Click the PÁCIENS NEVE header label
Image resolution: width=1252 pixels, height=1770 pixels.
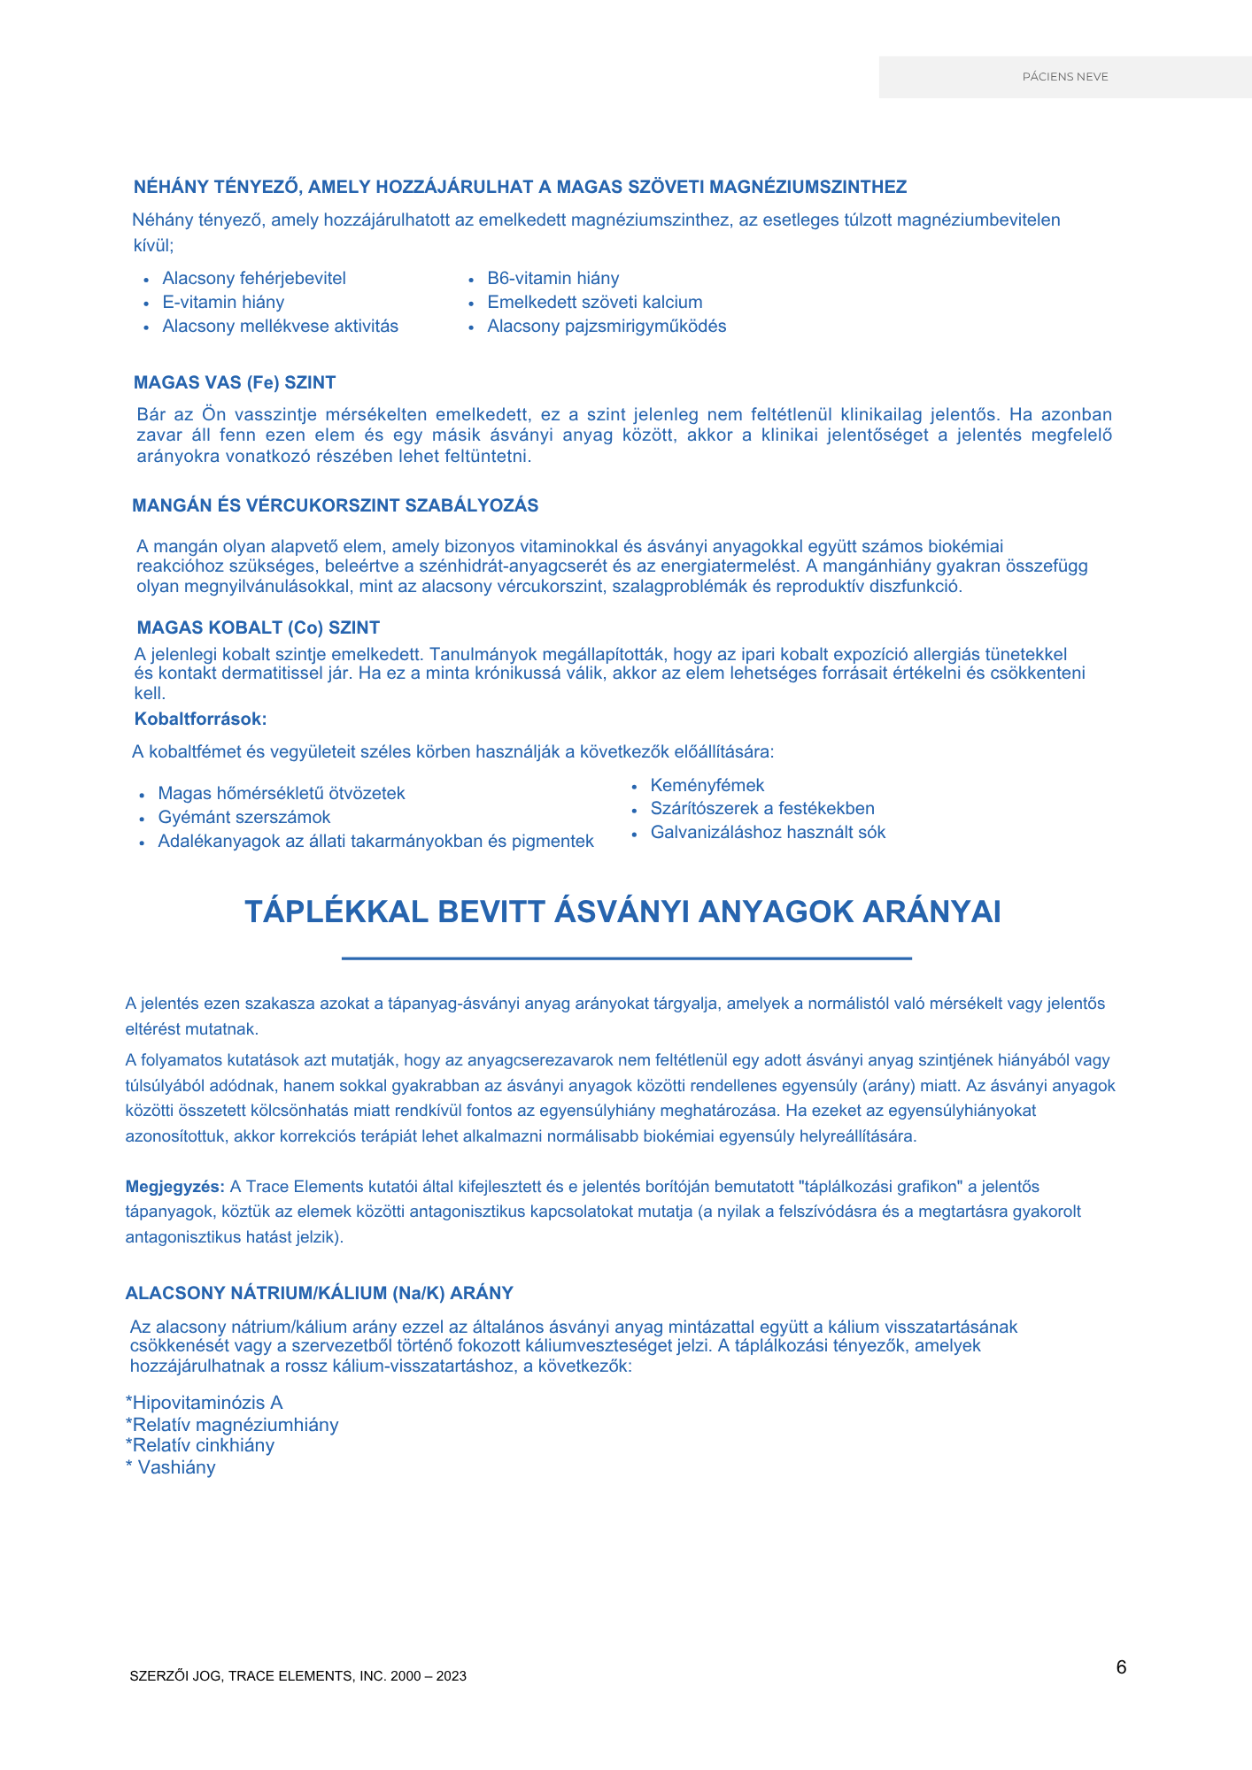point(1065,77)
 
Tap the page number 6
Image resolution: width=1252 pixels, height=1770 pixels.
point(1121,1667)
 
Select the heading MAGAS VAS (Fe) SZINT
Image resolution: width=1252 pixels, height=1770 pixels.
point(235,382)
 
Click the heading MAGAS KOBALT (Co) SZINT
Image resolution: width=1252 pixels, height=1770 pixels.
point(258,627)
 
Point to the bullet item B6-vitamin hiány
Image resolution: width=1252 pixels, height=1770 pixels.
point(553,278)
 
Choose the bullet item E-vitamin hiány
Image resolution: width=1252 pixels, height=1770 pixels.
point(223,302)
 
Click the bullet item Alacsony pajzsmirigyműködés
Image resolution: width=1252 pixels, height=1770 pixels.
point(607,326)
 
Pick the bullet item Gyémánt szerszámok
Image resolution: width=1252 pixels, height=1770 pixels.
point(244,817)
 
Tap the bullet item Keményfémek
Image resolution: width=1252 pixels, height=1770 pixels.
point(707,785)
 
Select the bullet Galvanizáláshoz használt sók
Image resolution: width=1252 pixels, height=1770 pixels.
point(768,832)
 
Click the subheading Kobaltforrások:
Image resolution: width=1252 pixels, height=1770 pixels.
point(200,719)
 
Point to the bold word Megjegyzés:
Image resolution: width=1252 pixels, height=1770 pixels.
point(174,1186)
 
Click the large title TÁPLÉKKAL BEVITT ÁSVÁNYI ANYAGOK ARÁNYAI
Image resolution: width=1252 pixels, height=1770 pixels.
point(622,912)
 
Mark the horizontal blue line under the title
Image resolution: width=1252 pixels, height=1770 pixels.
point(626,958)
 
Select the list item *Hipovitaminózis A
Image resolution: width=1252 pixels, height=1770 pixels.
point(204,1403)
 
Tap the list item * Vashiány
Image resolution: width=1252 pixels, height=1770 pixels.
point(171,1467)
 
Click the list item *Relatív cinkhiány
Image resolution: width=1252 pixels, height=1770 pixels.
point(200,1445)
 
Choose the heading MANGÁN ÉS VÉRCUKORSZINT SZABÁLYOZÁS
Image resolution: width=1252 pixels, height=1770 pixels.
point(335,505)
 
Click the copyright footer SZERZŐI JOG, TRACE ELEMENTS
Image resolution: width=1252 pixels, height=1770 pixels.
point(298,1675)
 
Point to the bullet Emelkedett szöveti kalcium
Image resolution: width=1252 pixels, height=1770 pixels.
point(594,302)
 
